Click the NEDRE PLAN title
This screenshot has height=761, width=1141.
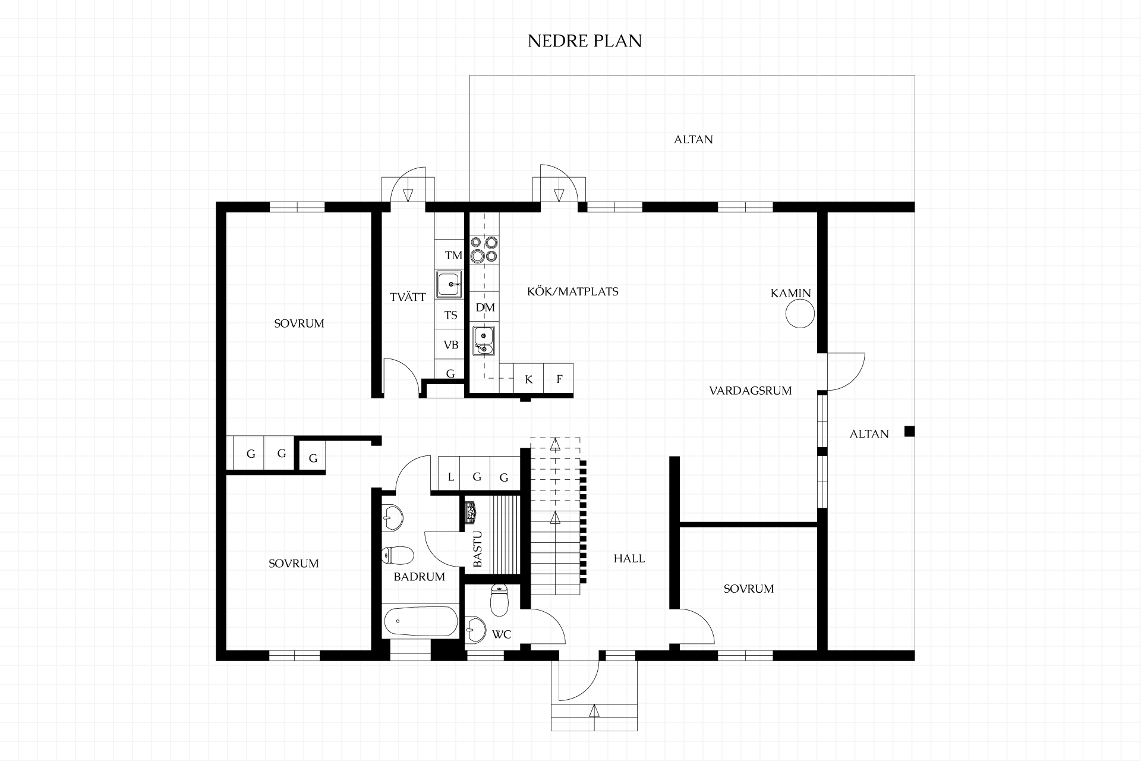click(585, 40)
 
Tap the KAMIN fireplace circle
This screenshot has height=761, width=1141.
click(800, 313)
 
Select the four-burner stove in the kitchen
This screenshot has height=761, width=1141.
click(484, 249)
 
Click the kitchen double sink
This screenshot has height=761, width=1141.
click(484, 340)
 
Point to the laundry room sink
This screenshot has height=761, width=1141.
click(449, 284)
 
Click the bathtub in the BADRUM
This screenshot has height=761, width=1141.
click(420, 621)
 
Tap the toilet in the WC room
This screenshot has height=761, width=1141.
click(499, 600)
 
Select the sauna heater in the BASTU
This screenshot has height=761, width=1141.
click(471, 512)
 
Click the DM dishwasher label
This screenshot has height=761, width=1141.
click(486, 307)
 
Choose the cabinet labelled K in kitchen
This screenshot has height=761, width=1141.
click(529, 379)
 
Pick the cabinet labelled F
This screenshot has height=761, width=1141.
click(559, 379)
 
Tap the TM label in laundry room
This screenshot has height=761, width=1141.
click(453, 256)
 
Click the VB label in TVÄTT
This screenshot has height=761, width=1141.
click(451, 345)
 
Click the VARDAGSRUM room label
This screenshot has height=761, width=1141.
click(751, 391)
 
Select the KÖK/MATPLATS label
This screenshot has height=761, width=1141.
click(573, 291)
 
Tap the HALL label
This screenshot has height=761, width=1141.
click(629, 558)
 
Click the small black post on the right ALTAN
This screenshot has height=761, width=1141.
click(909, 431)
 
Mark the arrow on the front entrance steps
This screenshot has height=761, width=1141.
click(594, 710)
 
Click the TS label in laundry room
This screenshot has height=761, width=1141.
click(451, 315)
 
